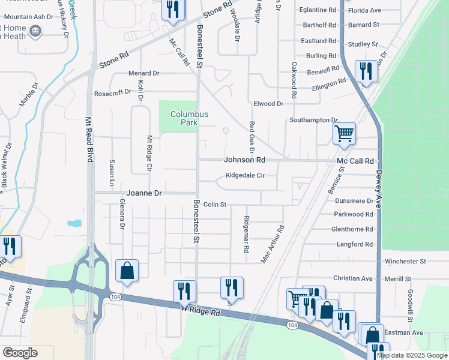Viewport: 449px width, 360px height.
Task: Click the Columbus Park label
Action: point(188,118)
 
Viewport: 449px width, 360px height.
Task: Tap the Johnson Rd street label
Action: point(244,160)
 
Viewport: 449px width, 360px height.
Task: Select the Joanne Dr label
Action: point(144,193)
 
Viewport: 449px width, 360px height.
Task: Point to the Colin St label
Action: point(214,205)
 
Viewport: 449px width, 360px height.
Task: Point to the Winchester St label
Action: point(405,262)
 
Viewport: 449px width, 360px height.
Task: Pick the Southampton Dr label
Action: point(314,120)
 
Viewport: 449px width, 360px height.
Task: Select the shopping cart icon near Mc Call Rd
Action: point(344,133)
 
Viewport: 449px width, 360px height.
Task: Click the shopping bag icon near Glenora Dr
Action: point(127,271)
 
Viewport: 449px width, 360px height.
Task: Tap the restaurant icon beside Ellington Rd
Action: point(365,71)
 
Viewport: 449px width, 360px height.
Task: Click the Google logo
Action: point(20,353)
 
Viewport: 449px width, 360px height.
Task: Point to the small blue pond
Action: point(75,223)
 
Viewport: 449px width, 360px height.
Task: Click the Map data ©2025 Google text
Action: point(412,355)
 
